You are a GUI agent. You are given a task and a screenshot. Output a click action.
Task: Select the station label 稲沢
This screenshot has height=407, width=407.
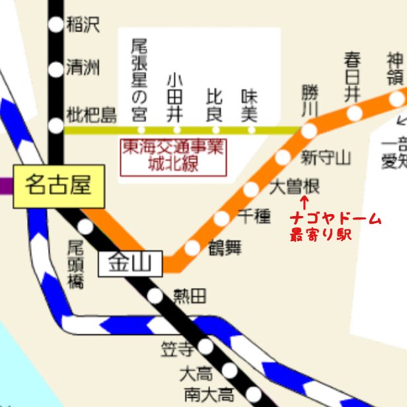[x=82, y=25]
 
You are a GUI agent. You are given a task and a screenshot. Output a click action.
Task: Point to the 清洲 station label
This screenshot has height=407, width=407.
[x=82, y=69]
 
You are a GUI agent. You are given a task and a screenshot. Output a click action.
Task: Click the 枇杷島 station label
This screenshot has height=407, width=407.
[x=91, y=115]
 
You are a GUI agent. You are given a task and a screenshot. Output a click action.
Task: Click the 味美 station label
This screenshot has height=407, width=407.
[x=249, y=106]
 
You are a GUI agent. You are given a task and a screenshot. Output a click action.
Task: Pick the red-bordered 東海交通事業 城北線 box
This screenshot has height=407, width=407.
[x=172, y=157]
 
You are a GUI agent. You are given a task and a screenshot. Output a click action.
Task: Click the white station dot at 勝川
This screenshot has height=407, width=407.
[x=309, y=130]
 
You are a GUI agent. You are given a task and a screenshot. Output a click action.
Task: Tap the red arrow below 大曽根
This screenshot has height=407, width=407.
[x=304, y=202]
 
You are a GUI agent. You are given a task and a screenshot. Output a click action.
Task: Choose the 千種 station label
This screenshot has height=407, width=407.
[x=254, y=215]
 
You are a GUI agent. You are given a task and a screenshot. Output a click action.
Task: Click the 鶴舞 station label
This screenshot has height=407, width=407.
[x=225, y=248]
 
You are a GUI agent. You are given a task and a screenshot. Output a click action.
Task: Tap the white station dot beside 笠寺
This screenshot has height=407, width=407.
[x=206, y=346]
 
